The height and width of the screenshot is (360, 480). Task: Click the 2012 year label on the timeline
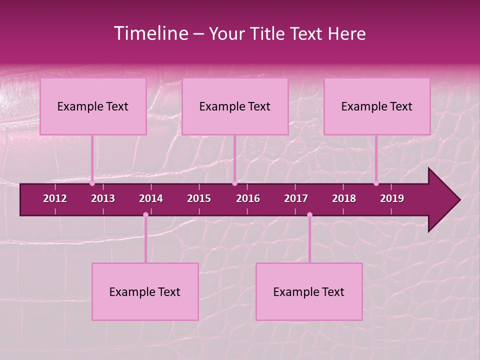click(x=55, y=198)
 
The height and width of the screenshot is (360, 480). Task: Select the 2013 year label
click(x=103, y=198)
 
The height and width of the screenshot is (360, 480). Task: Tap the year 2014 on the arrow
click(x=151, y=198)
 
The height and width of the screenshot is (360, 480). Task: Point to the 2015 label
click(x=199, y=198)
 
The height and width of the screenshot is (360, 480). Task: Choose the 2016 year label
click(x=248, y=198)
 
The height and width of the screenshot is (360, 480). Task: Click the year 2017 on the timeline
click(x=296, y=198)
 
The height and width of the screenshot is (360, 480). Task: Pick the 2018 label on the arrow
click(x=344, y=198)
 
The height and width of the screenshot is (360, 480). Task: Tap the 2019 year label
click(x=392, y=198)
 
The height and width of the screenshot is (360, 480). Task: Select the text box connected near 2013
click(x=93, y=106)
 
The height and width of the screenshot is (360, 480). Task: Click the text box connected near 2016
click(x=235, y=106)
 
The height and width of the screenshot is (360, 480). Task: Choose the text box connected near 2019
click(x=377, y=106)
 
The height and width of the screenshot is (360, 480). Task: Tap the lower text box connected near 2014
click(x=145, y=292)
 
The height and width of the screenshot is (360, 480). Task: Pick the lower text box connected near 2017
click(x=309, y=292)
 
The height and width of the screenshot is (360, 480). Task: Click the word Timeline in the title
click(x=150, y=33)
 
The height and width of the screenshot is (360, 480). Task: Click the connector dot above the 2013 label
click(x=92, y=183)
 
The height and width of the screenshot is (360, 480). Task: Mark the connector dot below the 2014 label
click(x=145, y=215)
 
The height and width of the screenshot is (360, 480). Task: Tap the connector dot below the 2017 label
click(x=309, y=215)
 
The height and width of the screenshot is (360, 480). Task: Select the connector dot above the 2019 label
click(x=376, y=183)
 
